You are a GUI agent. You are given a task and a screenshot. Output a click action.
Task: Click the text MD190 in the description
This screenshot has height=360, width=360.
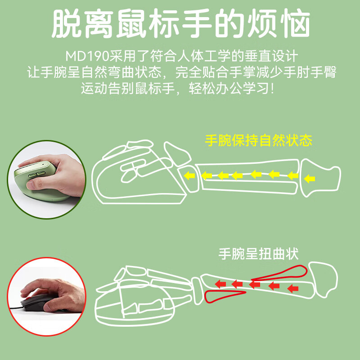tap(82, 57)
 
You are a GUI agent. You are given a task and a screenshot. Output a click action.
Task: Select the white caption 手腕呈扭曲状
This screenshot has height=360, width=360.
tap(258, 254)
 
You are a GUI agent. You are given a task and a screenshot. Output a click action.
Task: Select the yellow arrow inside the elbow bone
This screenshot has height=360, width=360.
tap(309, 179)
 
